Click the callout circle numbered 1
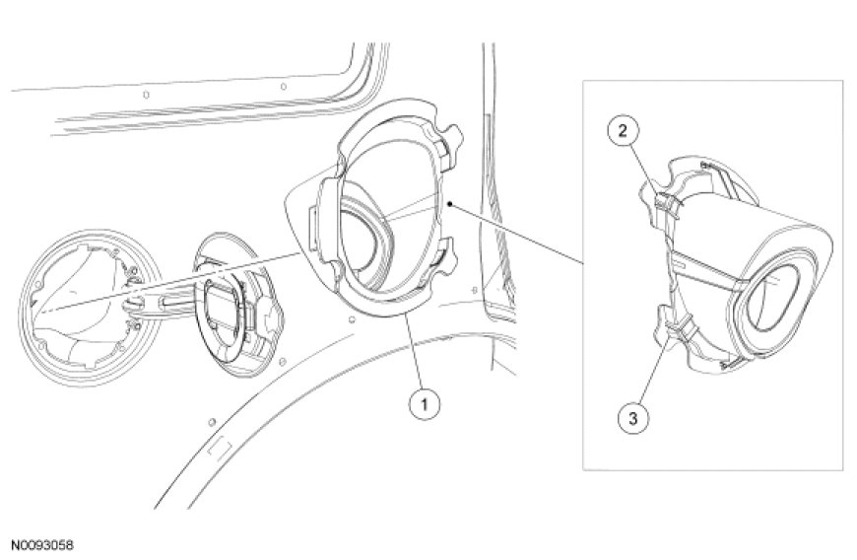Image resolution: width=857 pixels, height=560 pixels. tap(424, 405)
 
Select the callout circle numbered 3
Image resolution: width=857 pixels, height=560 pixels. tap(633, 418)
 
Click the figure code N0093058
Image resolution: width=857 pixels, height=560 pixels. tap(42, 546)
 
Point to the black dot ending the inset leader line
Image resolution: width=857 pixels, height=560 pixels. tap(449, 204)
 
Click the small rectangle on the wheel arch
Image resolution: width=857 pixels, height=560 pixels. tap(220, 448)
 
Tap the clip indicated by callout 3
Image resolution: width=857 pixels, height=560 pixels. tap(678, 327)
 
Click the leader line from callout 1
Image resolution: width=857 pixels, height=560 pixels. tap(415, 352)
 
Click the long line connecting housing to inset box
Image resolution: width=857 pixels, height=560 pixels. tap(516, 234)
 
